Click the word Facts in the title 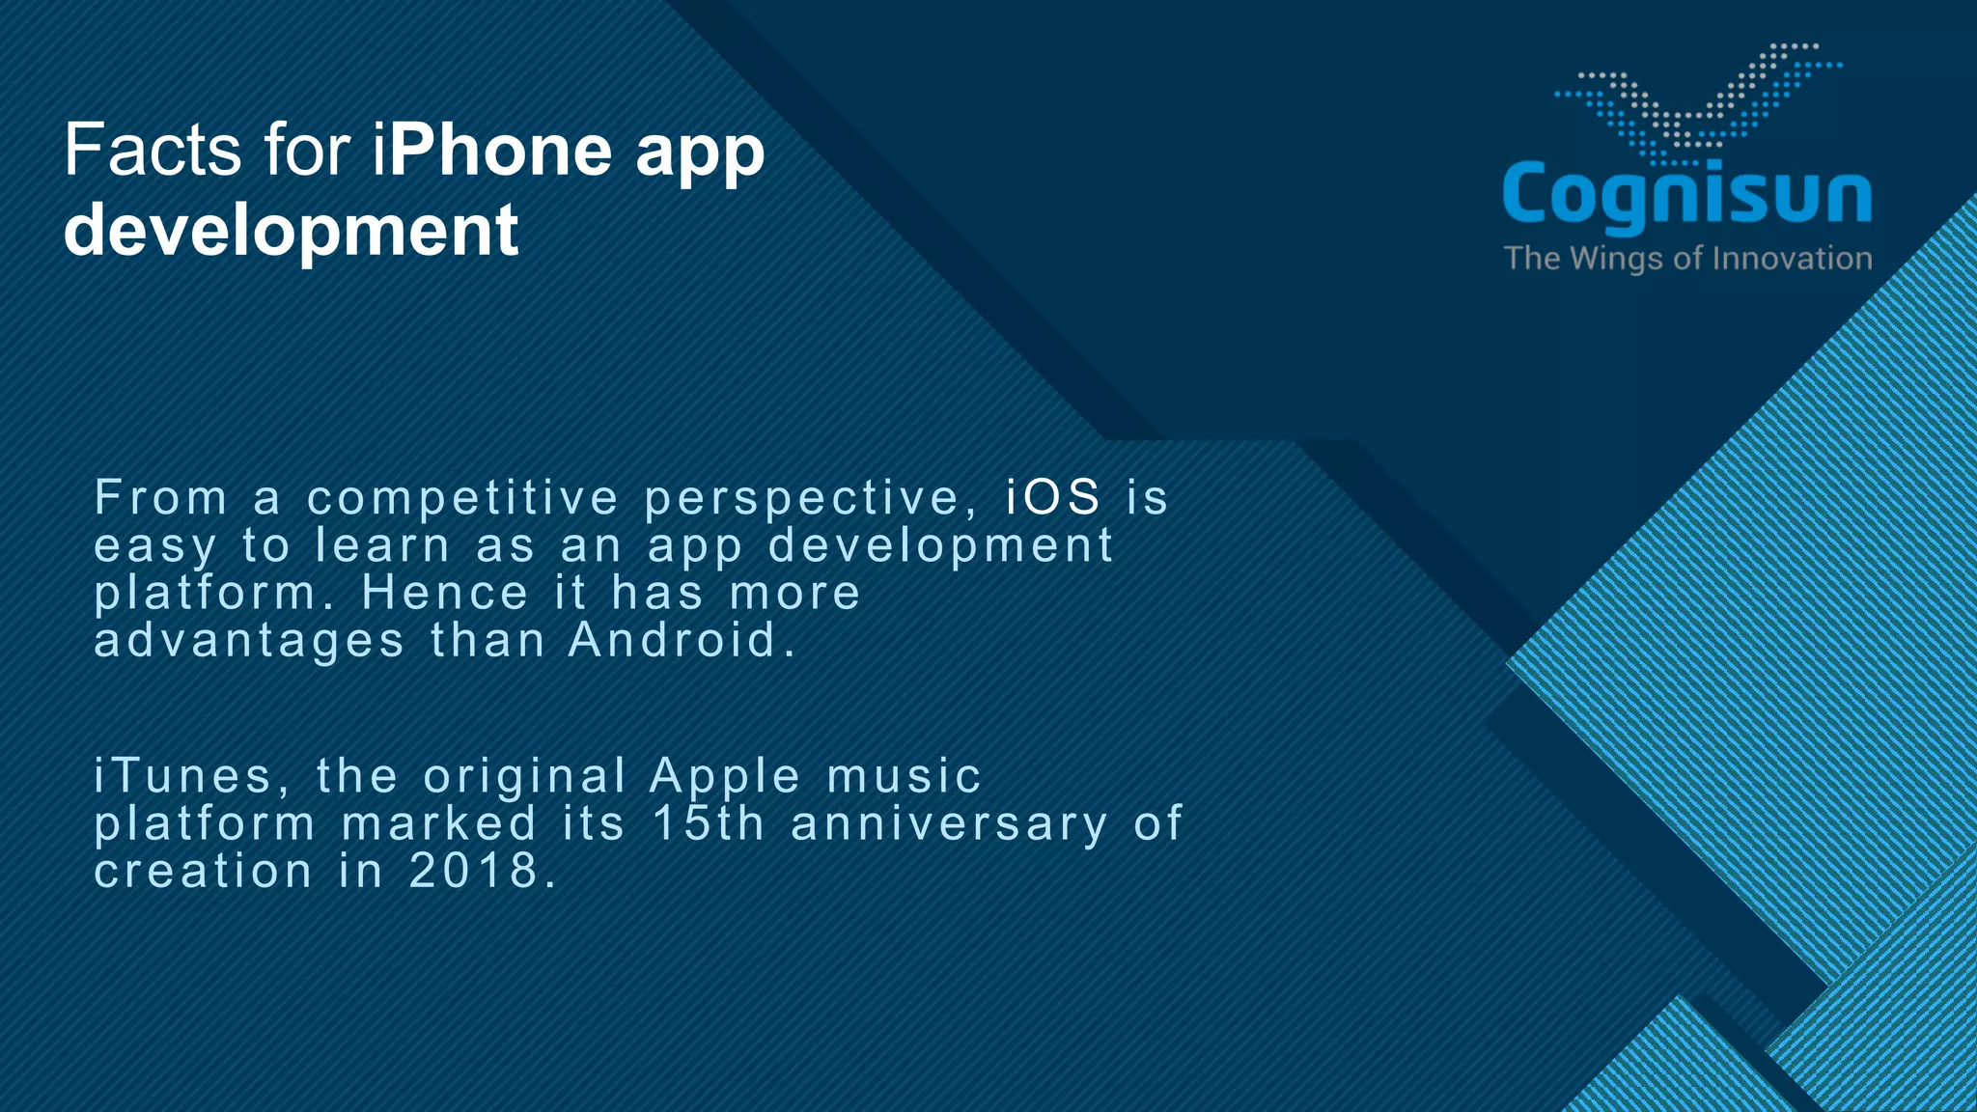(x=153, y=151)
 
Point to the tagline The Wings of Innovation (x=1687, y=259)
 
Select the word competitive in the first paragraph (x=462, y=498)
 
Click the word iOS (x=1053, y=498)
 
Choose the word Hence (x=445, y=593)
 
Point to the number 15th (x=709, y=823)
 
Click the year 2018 (x=473, y=871)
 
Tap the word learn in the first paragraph (x=382, y=545)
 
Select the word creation (x=203, y=871)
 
